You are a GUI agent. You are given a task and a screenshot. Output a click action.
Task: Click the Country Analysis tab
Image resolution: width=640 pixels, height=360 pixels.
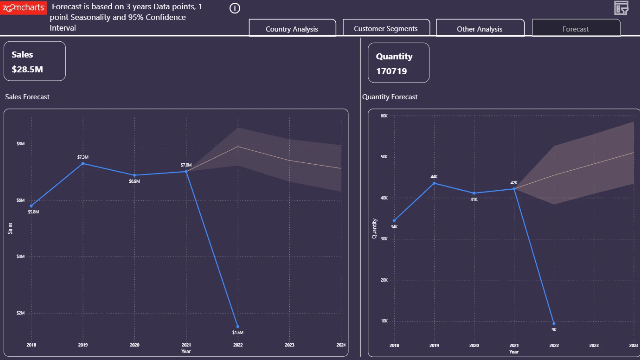tap(292, 28)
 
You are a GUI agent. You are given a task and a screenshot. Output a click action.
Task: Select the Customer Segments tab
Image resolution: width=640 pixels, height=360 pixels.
tap(386, 28)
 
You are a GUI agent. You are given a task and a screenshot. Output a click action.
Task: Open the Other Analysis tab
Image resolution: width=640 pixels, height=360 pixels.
tap(480, 28)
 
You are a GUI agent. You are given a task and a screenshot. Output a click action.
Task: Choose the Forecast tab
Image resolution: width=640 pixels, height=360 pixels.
tap(576, 28)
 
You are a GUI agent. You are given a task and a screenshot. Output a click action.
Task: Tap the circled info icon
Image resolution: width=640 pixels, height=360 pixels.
tap(235, 8)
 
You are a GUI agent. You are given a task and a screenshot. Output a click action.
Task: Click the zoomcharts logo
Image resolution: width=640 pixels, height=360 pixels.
tap(23, 7)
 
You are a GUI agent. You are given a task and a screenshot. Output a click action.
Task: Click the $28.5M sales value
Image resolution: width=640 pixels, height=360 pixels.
tap(27, 69)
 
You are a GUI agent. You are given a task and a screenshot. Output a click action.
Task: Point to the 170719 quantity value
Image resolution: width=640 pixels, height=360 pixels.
tap(391, 71)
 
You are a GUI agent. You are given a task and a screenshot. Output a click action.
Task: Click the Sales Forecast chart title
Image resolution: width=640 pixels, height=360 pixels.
tap(27, 97)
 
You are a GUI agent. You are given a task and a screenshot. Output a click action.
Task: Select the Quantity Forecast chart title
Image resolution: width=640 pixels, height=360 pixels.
tap(390, 97)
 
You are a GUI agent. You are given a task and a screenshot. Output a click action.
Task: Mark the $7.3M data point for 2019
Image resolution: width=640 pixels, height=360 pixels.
tap(83, 163)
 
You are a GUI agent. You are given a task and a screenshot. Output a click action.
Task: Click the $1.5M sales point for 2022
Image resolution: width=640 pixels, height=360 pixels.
tap(238, 327)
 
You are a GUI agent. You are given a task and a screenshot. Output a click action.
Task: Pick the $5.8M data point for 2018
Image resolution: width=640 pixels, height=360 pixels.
tap(31, 206)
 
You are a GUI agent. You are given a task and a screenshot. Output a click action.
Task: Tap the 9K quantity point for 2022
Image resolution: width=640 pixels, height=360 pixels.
tap(554, 323)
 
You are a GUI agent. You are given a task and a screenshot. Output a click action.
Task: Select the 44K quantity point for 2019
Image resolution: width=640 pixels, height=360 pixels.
tap(434, 183)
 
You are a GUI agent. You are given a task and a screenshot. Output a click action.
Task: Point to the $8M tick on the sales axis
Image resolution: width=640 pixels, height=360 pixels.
tap(21, 144)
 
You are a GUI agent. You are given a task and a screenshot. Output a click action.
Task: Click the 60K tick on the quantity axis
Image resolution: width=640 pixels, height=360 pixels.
tap(384, 116)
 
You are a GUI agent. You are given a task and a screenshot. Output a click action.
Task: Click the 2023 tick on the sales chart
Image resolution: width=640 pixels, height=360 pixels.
tap(289, 345)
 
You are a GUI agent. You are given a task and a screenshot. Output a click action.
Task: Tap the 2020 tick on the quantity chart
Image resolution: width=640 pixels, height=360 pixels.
tap(474, 345)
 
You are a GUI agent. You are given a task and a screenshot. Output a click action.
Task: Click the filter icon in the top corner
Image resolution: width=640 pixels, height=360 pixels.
tap(621, 8)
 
